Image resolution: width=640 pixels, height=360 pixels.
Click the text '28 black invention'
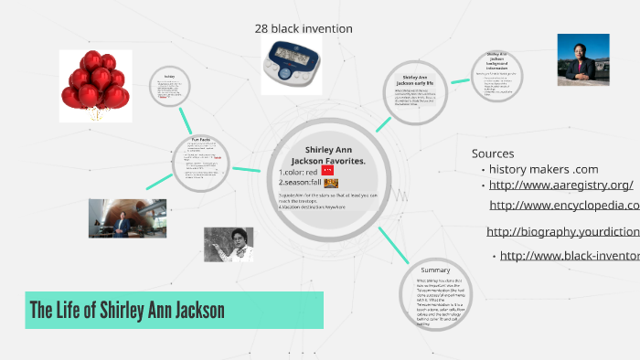point(304,29)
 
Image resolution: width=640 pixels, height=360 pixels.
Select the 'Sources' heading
point(493,154)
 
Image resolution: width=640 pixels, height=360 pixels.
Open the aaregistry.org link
point(560,185)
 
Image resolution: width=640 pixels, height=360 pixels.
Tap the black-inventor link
point(569,256)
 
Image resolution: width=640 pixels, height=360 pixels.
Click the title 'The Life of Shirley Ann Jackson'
point(127,310)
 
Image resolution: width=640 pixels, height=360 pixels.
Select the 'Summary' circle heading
point(434,270)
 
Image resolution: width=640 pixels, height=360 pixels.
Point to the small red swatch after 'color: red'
point(328,170)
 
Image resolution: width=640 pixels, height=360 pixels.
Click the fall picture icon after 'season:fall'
point(331,183)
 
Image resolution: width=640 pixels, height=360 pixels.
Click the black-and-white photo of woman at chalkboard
point(228,245)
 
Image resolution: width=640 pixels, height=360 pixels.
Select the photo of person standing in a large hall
point(127,218)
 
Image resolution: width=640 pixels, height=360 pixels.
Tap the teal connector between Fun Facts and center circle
point(246,168)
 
